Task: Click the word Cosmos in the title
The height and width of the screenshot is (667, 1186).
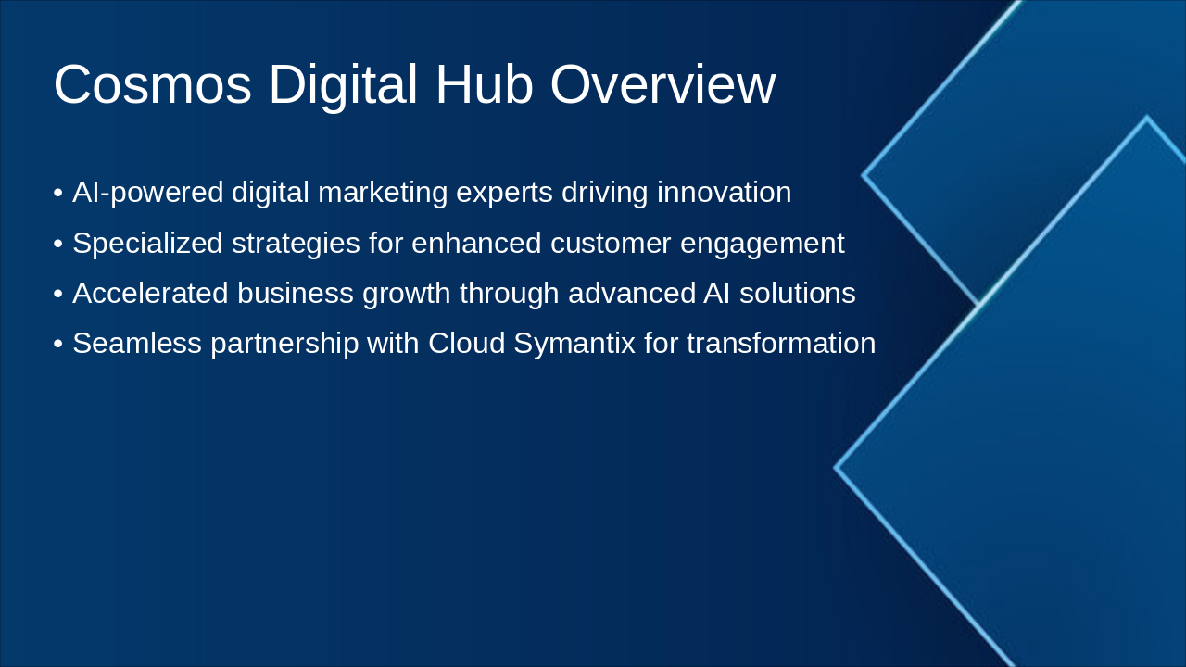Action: click(x=152, y=85)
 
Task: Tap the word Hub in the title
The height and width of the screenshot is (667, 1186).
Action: click(x=484, y=85)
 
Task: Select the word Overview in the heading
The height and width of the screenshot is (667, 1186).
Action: click(x=662, y=85)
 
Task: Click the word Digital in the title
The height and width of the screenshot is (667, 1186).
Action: click(x=343, y=85)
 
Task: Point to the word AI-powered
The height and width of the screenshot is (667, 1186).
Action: click(x=148, y=193)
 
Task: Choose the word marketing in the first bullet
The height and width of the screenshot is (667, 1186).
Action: click(x=382, y=193)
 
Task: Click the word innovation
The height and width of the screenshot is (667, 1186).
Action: click(x=724, y=193)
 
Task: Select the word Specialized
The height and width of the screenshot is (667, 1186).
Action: click(x=148, y=243)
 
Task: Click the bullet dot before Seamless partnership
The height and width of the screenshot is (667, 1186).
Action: click(x=58, y=345)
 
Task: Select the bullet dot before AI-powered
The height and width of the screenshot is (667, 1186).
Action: click(x=58, y=195)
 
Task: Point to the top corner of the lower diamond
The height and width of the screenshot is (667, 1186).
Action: click(x=1147, y=118)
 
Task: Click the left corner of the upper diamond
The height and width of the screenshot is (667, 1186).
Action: click(x=864, y=174)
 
